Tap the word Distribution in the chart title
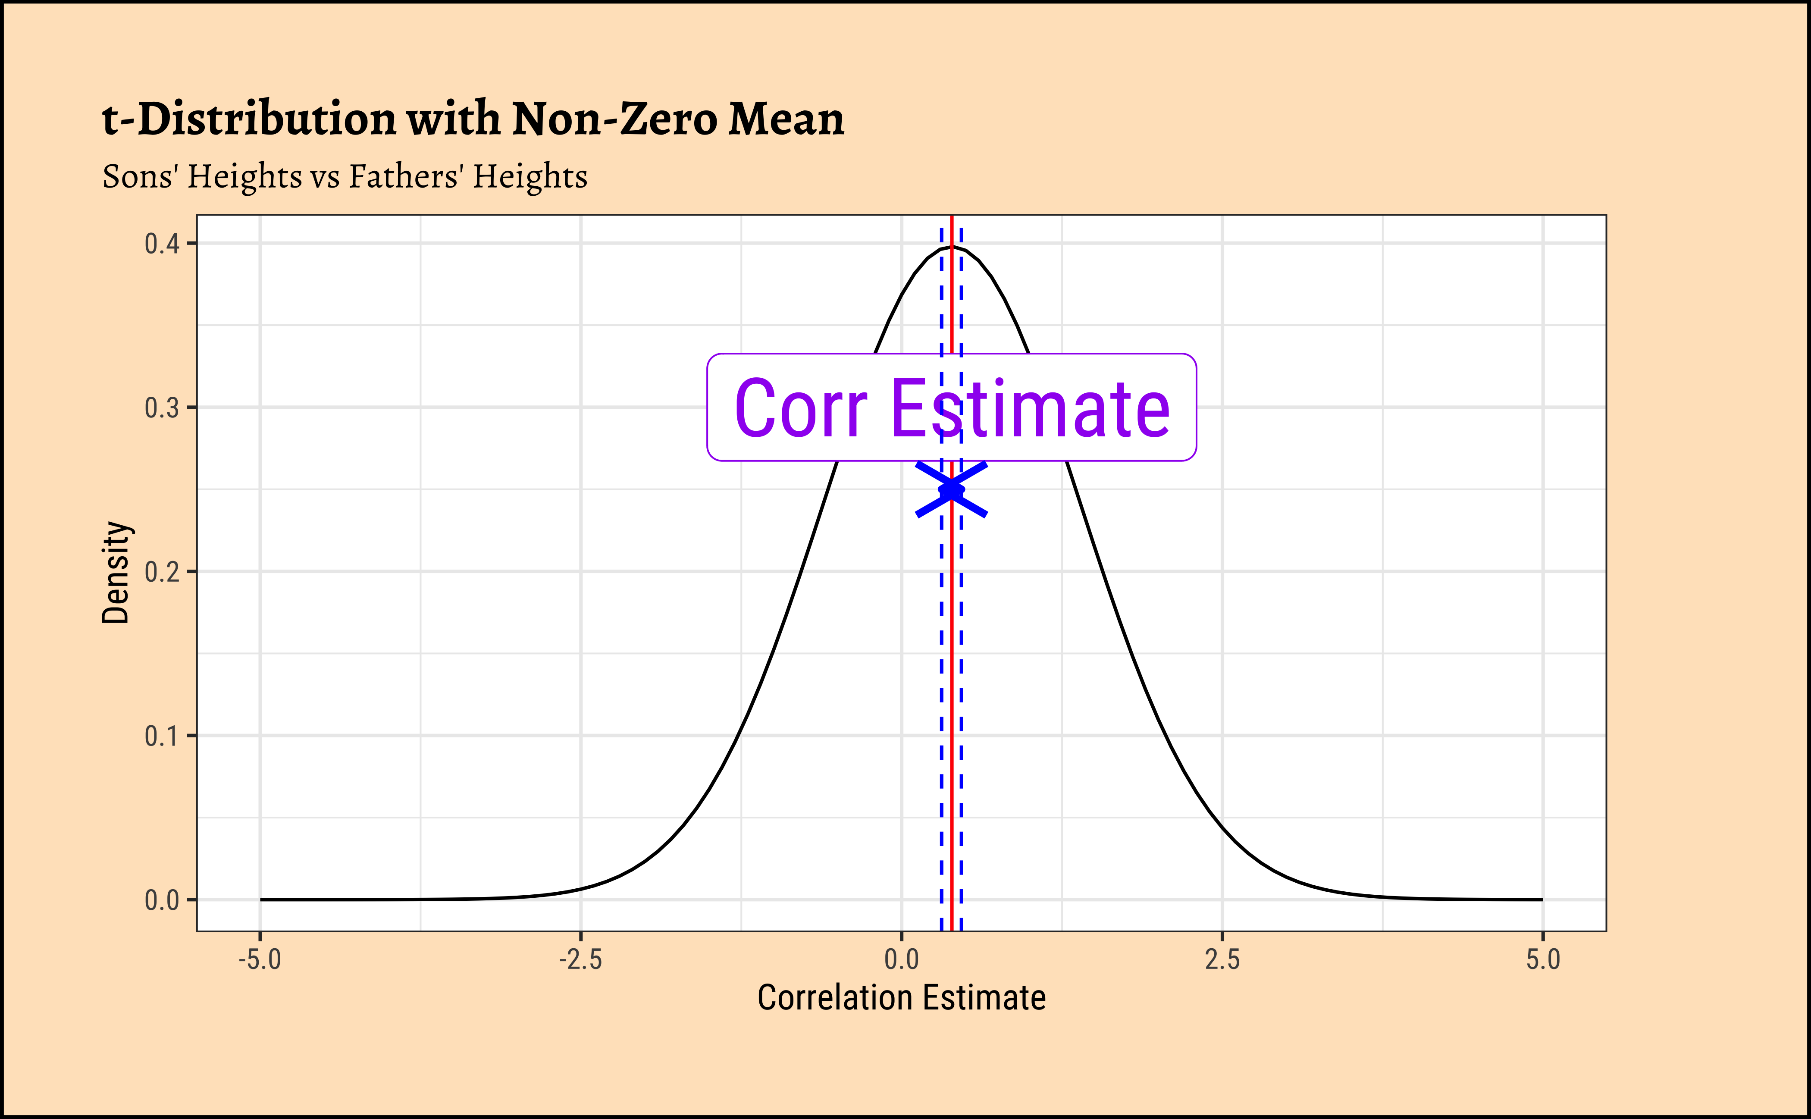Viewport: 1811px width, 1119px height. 267,119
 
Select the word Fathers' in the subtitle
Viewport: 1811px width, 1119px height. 406,177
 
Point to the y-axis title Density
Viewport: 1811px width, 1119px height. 116,572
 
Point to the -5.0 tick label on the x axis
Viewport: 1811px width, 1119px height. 260,960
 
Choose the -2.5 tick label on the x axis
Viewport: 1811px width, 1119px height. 580,960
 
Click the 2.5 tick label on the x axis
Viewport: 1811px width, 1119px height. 1222,960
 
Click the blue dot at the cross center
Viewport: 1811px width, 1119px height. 951,490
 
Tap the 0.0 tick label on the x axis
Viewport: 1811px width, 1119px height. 902,960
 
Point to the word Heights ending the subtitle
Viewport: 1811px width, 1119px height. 530,177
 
